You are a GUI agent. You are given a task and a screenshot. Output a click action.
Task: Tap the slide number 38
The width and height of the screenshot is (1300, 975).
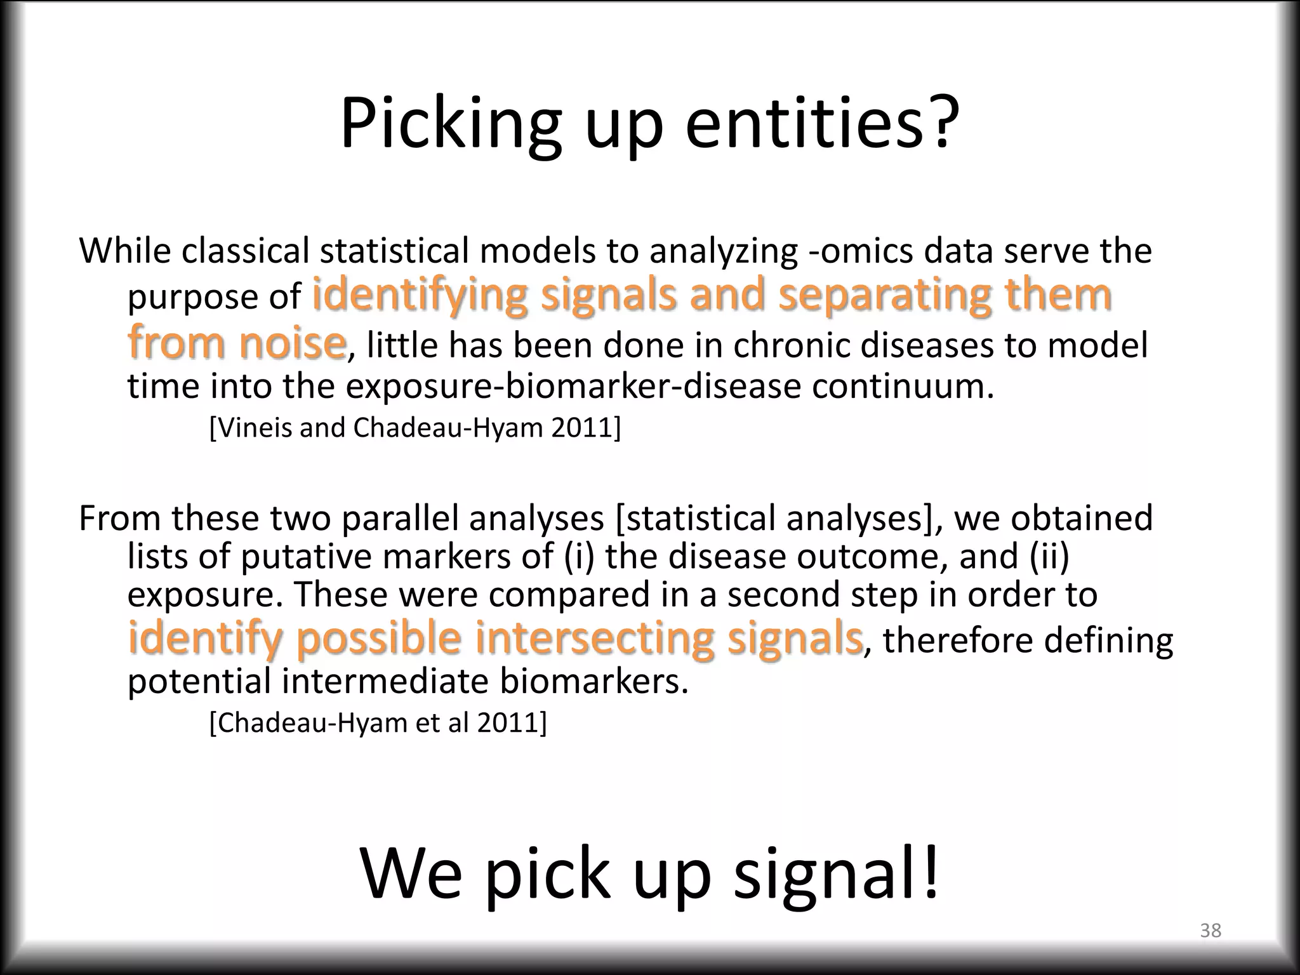coord(1210,931)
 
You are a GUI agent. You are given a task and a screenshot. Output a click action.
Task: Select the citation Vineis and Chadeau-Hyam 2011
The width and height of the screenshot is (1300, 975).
coord(415,428)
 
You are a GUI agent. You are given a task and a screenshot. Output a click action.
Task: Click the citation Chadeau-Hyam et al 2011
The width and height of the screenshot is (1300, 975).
coord(378,723)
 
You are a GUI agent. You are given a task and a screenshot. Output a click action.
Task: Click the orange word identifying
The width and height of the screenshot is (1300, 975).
coord(420,296)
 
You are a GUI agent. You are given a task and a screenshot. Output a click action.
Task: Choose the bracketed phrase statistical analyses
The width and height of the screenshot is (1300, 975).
coord(774,518)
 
